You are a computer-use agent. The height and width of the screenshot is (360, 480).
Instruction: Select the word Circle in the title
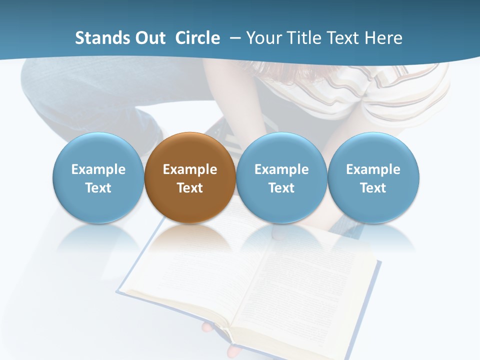point(197,38)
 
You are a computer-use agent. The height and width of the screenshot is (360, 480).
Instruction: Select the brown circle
point(190,150)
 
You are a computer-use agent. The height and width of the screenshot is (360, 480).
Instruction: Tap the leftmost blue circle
point(98,150)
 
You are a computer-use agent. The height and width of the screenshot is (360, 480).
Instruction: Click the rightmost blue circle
point(373,150)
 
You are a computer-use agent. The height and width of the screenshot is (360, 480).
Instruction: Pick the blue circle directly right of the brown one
point(281,150)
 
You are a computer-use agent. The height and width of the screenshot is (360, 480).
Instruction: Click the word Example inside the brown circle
point(190,169)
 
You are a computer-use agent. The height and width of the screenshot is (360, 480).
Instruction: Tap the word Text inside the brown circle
point(190,188)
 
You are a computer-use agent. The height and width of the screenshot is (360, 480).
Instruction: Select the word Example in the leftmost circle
point(98,169)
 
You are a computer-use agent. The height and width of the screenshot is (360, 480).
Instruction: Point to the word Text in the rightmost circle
point(373,188)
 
